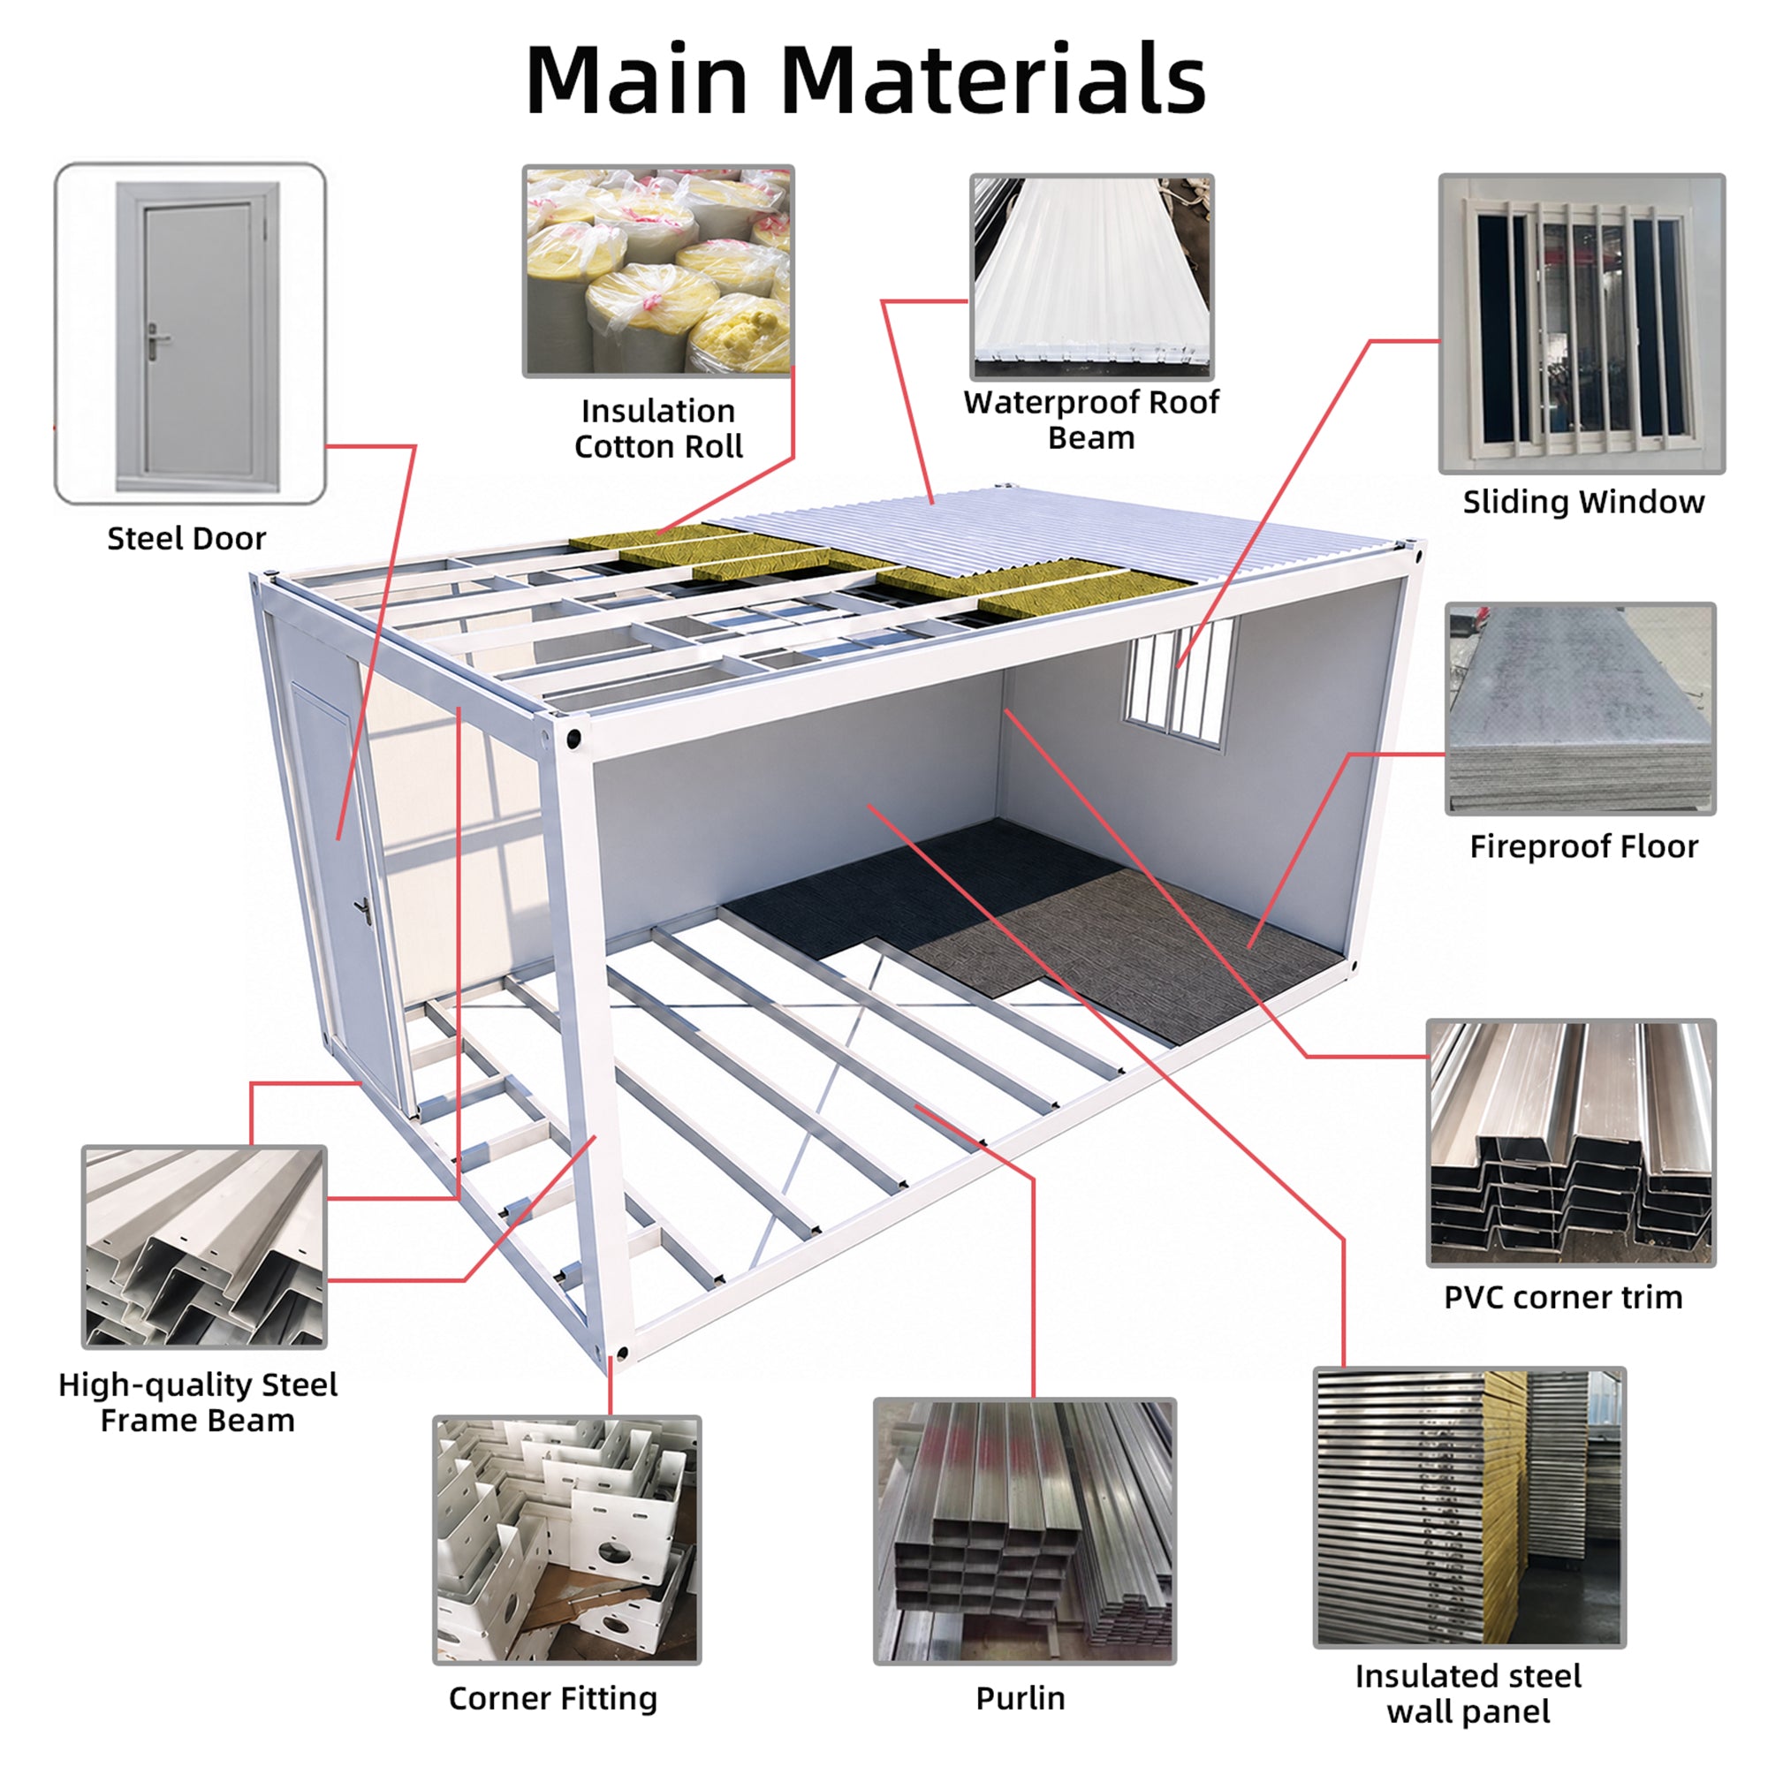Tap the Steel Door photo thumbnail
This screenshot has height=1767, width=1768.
coord(190,334)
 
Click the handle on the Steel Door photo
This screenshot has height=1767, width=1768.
coord(158,341)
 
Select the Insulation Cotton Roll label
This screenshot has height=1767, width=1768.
coord(658,428)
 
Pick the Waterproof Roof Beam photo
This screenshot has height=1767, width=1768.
coord(1092,277)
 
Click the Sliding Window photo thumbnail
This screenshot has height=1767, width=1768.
coord(1582,324)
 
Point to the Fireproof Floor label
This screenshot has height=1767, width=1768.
coord(1583,846)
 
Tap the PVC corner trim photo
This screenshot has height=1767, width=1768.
coord(1571,1143)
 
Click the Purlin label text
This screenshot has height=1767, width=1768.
coord(1021,1698)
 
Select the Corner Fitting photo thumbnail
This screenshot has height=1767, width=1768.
coord(566,1540)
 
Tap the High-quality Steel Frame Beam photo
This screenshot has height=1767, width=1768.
coord(204,1247)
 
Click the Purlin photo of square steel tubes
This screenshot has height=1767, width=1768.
coord(1025,1531)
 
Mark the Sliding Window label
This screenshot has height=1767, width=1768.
coord(1583,502)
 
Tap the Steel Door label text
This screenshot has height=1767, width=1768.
coord(186,538)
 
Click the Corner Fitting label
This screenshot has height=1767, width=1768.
coord(553,1698)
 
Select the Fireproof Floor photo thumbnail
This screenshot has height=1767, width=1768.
coord(1581,709)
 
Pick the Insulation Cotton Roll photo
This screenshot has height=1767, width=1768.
coord(658,271)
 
